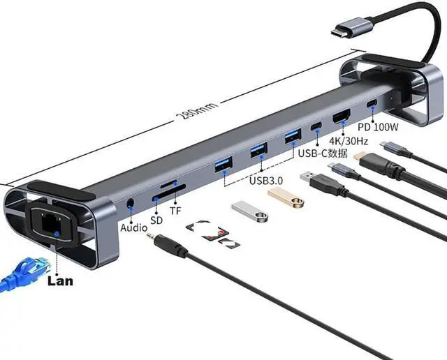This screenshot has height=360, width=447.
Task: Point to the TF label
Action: coord(176,210)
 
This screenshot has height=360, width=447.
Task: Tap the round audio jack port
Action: coord(131,207)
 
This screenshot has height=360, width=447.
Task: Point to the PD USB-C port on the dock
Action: coord(372,105)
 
